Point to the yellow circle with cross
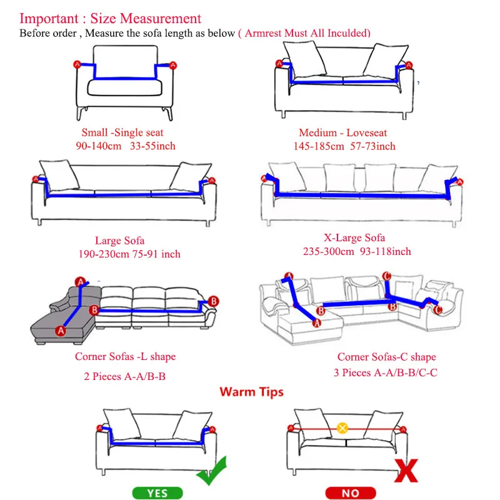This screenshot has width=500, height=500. tap(342, 428)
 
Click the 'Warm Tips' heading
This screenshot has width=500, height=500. tap(251, 392)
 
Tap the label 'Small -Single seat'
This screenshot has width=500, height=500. tap(122, 132)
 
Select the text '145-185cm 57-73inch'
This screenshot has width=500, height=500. tap(344, 146)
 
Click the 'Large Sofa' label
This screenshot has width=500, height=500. tap(119, 241)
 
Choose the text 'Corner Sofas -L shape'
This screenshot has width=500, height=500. tap(126, 357)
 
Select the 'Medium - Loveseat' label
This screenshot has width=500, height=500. tap(342, 132)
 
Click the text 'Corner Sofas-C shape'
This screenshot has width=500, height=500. tap(387, 357)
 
